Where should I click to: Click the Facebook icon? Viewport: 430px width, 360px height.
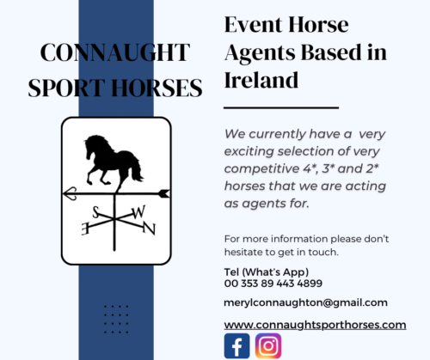tap(236, 345)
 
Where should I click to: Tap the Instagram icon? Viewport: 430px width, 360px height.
tap(268, 345)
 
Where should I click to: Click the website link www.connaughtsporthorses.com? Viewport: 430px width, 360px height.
tap(315, 325)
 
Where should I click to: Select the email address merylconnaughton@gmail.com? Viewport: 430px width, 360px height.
tap(305, 302)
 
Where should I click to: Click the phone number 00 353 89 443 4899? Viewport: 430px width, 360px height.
tap(273, 284)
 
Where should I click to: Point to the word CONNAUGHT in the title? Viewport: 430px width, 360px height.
tap(115, 52)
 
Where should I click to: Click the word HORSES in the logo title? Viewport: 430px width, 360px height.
tap(157, 88)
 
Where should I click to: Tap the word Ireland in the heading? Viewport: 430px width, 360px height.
tap(261, 80)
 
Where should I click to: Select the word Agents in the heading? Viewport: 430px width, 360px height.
tap(260, 53)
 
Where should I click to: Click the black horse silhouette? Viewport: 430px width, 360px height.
tap(113, 162)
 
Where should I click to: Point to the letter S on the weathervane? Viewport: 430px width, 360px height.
tap(95, 212)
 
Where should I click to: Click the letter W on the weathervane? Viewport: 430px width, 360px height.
tap(138, 212)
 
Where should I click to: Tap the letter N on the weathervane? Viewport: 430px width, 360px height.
tap(149, 229)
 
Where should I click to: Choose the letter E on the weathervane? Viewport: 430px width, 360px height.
tap(85, 229)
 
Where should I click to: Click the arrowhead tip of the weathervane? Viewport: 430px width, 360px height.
tap(63, 193)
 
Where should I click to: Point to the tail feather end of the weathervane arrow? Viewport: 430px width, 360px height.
tap(169, 193)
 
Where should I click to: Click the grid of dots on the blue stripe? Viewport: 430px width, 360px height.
tap(116, 320)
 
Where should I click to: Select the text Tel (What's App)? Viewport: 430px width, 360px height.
tap(267, 272)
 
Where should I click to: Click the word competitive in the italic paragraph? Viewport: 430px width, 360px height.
tap(261, 169)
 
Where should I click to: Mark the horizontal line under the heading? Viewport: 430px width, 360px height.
tap(281, 108)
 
